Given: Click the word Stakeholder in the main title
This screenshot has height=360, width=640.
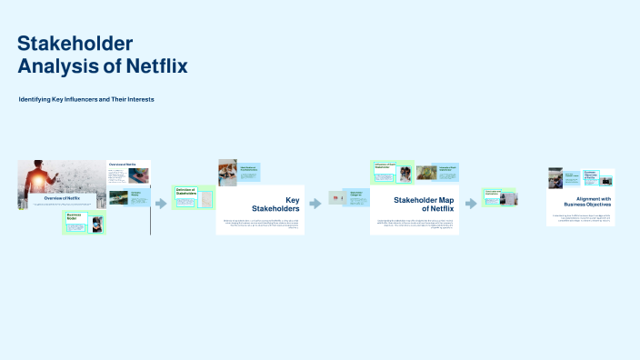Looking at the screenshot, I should point(75,44).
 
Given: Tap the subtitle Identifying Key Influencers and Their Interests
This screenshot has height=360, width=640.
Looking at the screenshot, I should point(86,98).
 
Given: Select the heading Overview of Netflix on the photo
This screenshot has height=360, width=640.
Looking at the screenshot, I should point(63,197).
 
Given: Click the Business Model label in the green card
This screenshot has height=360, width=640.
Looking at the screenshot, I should point(72,217).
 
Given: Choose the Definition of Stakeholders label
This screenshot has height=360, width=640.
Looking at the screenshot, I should point(186,192).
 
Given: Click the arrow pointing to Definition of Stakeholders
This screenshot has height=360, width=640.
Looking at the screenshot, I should point(161,204).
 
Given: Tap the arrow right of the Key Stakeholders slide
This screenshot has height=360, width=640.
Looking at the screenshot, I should point(315,204).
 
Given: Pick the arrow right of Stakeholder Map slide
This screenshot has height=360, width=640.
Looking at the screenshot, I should point(471,204).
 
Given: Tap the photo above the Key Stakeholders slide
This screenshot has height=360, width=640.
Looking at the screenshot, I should point(227,172).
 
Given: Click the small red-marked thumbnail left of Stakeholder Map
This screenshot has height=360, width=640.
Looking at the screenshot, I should point(335,197).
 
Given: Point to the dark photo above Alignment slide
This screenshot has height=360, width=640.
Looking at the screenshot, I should point(555,177).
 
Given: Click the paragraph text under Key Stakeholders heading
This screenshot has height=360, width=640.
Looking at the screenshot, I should point(261,224).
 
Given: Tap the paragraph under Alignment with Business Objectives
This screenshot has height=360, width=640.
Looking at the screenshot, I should point(586,218).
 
